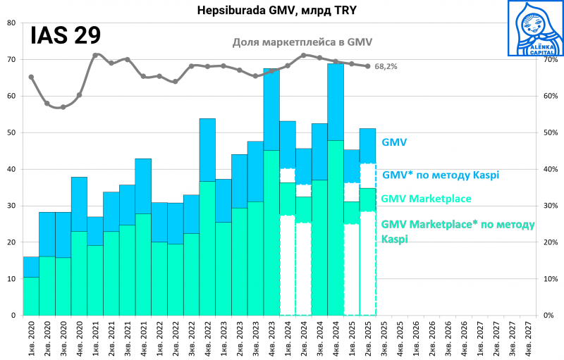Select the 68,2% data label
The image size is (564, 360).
pyautogui.click(x=385, y=66)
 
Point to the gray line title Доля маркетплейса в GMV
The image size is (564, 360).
pyautogui.click(x=302, y=42)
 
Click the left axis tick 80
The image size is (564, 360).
pyautogui.click(x=11, y=23)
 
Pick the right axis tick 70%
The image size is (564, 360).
pyautogui.click(x=549, y=59)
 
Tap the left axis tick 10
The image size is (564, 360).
pyautogui.click(x=11, y=279)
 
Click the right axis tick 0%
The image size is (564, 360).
pyautogui.click(x=547, y=316)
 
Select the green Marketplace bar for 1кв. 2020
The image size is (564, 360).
pyautogui.click(x=31, y=296)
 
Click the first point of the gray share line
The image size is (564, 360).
pyautogui.click(x=31, y=77)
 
